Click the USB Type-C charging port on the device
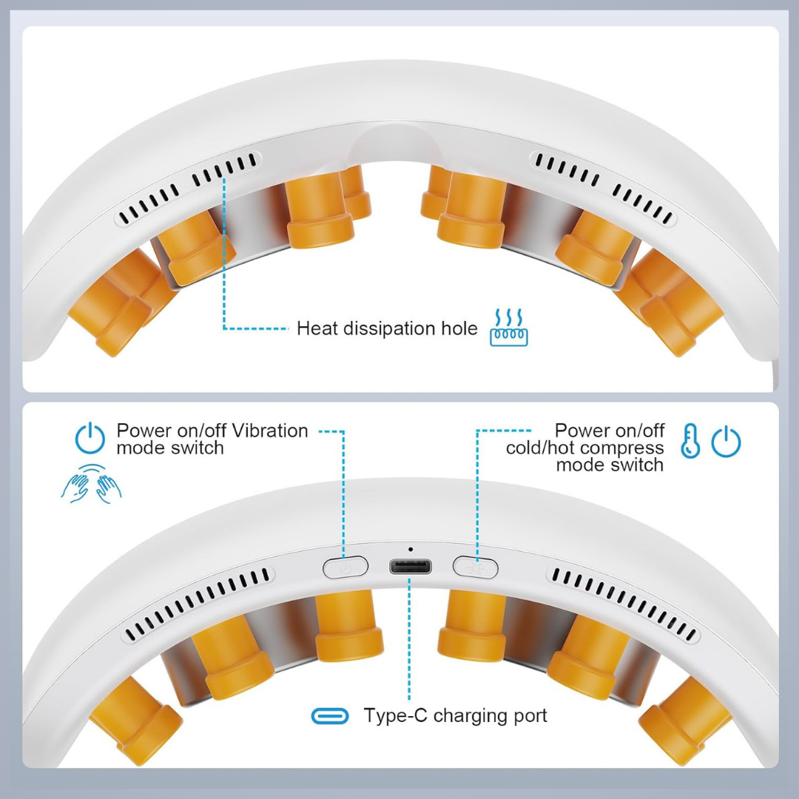[410, 567]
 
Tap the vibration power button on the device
[345, 567]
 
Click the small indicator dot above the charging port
[411, 549]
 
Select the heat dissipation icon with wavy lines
[508, 327]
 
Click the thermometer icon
[690, 440]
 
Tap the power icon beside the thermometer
[726, 441]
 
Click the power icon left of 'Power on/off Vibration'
[90, 438]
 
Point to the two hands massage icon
[91, 484]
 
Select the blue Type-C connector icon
[330, 716]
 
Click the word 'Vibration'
[263, 431]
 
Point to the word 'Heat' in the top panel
[317, 328]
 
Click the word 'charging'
[471, 716]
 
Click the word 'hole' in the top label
[459, 328]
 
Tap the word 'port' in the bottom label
[530, 717]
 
